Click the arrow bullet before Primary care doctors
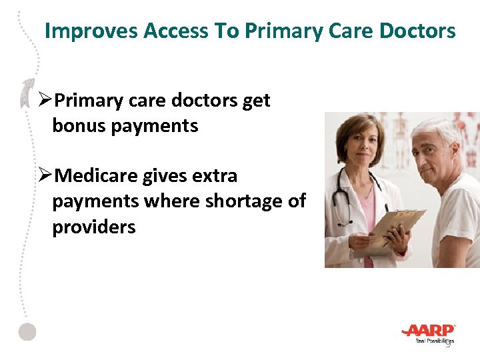tap(45, 101)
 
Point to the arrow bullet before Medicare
tap(45, 176)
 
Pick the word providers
tap(93, 227)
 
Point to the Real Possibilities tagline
tap(434, 341)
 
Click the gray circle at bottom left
tap(27, 332)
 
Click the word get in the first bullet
tap(256, 101)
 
